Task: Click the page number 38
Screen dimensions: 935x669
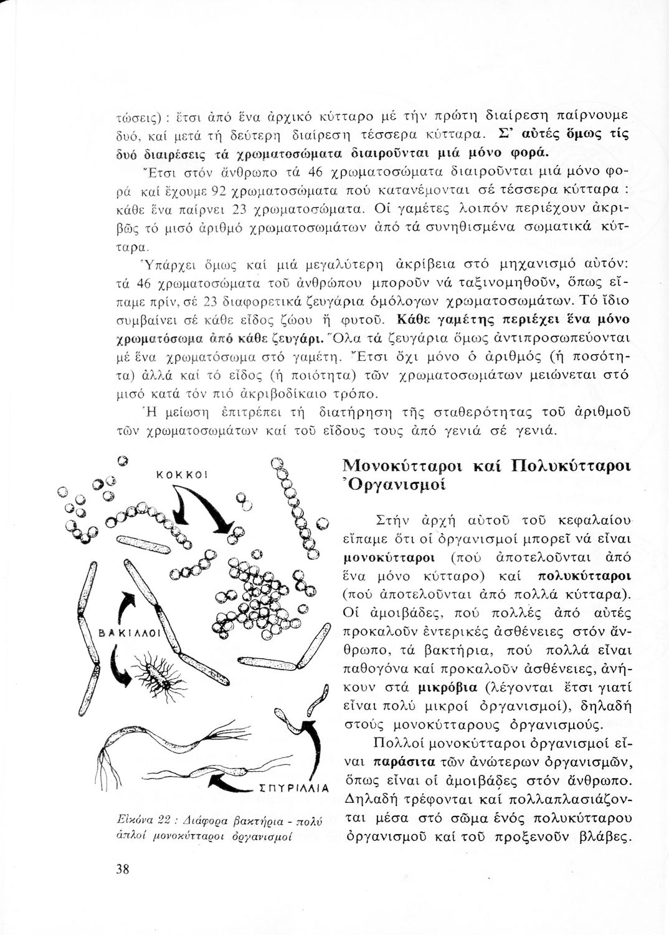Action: (x=121, y=870)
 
